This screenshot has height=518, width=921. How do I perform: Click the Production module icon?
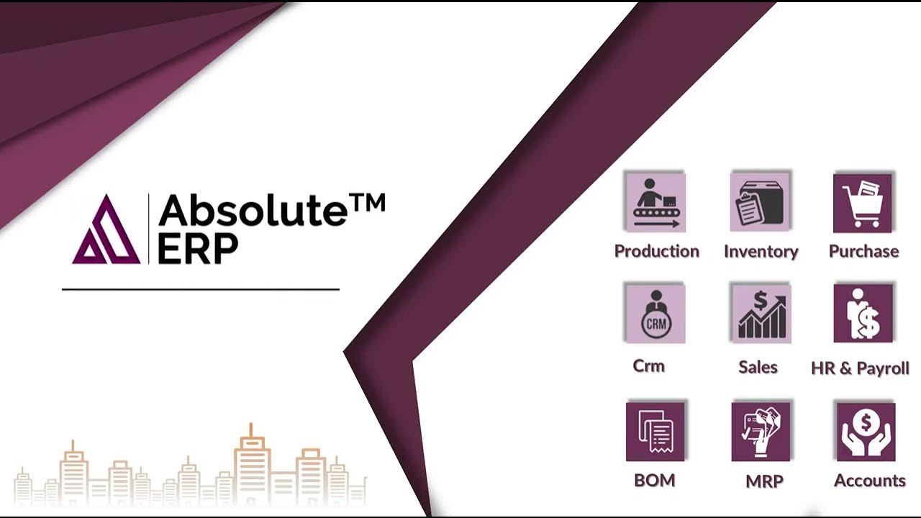click(655, 202)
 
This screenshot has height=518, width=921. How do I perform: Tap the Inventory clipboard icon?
click(761, 202)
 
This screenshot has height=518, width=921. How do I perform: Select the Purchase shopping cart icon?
click(863, 203)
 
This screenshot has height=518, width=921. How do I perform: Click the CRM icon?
click(655, 314)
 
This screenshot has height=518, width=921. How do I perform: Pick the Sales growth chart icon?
click(761, 314)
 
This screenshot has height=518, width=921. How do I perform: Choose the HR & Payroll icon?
click(863, 314)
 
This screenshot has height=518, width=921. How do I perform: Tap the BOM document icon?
click(655, 431)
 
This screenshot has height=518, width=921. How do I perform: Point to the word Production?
click(656, 251)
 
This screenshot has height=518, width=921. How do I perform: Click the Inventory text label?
click(761, 252)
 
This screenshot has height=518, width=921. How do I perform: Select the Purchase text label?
click(863, 251)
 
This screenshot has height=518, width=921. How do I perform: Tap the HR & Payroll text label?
click(860, 368)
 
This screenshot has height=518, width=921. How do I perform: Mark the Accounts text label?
click(869, 481)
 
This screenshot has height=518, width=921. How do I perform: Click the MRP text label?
click(764, 481)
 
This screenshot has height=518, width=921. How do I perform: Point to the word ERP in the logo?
click(198, 249)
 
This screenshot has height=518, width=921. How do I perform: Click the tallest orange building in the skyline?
click(251, 464)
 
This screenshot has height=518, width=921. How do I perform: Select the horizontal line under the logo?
click(200, 289)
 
